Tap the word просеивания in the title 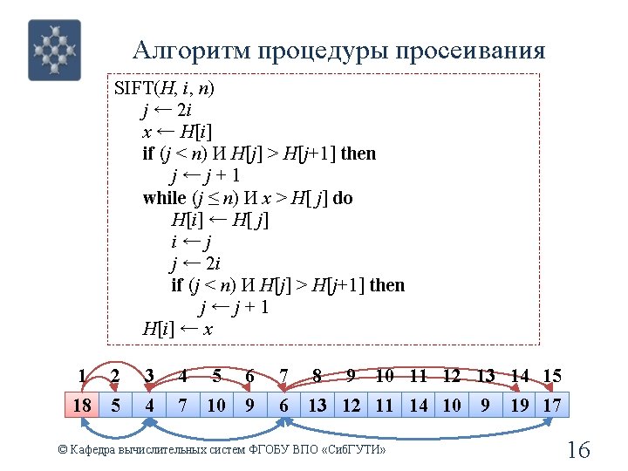point(470,51)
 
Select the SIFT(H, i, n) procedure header point(165,88)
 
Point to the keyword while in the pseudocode point(164,197)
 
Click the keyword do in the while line point(343,197)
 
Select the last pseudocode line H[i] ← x point(178,329)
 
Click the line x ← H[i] point(177,132)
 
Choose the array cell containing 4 point(150,405)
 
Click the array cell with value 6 point(284,405)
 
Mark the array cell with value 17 point(552,405)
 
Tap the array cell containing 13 point(317,405)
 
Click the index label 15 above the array point(552,377)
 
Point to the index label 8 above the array point(317,377)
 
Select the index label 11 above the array point(419,377)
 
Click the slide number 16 point(578,450)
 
